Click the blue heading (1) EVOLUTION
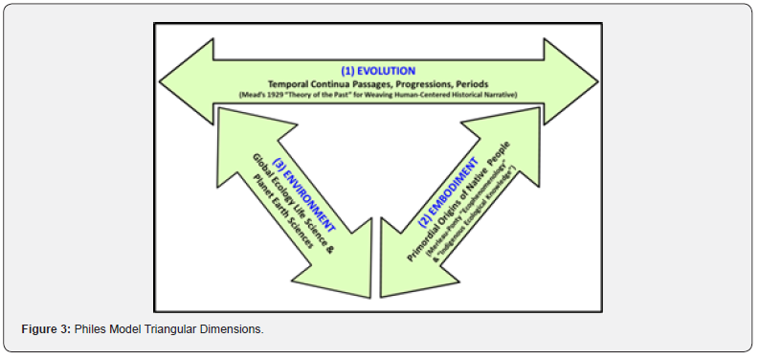tap(379, 70)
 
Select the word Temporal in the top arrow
tap(293, 83)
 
